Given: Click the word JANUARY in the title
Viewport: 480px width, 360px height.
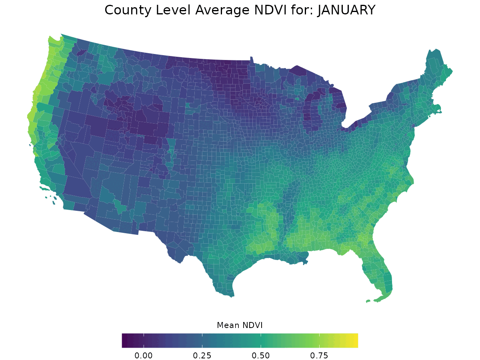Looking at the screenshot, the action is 346,10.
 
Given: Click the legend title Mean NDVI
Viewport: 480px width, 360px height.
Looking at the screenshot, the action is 240,325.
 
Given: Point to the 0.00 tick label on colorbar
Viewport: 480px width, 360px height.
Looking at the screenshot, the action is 144,356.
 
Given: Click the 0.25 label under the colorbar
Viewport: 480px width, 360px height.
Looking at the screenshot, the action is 202,356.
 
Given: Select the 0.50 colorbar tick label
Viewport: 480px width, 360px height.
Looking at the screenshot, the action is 261,356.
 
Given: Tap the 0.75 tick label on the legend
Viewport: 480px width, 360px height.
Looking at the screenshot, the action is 319,356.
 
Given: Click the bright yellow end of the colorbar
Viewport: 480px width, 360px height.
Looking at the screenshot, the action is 355,340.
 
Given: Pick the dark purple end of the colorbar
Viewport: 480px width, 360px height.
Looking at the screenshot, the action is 125,340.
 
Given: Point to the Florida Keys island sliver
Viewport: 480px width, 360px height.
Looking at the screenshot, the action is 368,301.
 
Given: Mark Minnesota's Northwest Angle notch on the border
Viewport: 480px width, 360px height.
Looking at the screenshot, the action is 252,58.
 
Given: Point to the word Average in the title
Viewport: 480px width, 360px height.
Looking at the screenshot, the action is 222,10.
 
